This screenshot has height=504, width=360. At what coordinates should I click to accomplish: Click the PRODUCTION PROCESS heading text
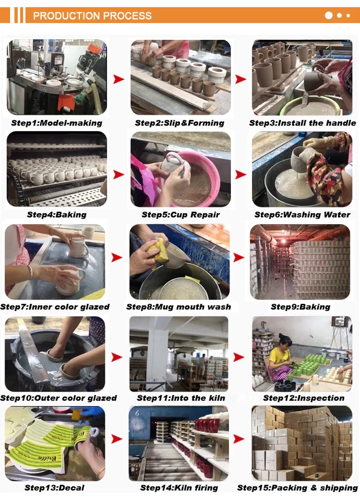[92, 16]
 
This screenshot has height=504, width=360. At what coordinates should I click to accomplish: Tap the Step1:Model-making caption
[56, 123]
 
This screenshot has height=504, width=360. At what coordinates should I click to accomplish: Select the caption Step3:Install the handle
[303, 123]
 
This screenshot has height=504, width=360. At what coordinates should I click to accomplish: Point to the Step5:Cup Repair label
[181, 214]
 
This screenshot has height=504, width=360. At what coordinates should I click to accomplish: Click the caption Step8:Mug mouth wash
[178, 306]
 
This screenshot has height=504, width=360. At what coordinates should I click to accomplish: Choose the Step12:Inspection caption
[304, 398]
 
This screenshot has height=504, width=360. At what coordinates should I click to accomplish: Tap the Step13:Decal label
[54, 487]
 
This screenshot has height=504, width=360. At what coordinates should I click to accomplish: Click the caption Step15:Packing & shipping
[297, 487]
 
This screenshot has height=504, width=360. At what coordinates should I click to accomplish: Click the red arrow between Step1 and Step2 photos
[118, 79]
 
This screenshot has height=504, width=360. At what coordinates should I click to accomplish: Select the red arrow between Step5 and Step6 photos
[241, 174]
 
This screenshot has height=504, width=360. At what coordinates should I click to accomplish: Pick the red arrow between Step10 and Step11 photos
[116, 357]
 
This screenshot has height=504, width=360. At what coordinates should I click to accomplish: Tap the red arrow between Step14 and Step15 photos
[239, 439]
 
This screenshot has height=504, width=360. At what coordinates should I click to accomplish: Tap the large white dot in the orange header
[329, 16]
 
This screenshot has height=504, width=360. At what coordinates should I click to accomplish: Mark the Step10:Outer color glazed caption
[58, 398]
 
